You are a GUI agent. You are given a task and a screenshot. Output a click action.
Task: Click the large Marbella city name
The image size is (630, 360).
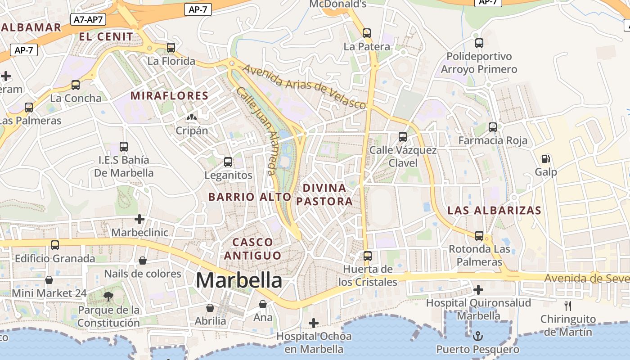pyautogui.click(x=239, y=280)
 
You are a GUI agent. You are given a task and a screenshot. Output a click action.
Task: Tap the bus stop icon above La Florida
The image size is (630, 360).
pyautogui.click(x=171, y=47)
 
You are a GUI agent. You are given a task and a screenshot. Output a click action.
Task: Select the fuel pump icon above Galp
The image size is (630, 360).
pyautogui.click(x=546, y=158)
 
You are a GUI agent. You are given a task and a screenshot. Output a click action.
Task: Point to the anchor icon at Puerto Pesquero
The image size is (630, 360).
pyautogui.click(x=478, y=336)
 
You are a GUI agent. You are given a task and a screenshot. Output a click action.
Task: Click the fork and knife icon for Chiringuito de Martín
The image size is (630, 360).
pyautogui.click(x=568, y=306)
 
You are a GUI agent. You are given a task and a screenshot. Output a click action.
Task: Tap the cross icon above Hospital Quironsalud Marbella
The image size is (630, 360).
pyautogui.click(x=478, y=289)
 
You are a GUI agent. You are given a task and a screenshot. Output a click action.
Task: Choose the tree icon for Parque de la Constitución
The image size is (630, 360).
pyautogui.click(x=108, y=296)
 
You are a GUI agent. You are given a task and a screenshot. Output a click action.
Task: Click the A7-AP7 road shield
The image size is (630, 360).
pyautogui.click(x=88, y=19)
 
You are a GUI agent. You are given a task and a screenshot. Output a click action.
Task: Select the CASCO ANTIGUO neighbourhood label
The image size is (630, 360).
pyautogui.click(x=252, y=249)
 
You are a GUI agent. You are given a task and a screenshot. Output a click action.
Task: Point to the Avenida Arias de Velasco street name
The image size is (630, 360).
pyautogui.click(x=304, y=86)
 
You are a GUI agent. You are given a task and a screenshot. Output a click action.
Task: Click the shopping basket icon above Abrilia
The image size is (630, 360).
pyautogui.click(x=210, y=308)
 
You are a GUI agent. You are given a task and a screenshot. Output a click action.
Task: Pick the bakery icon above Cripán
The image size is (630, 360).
pyautogui.click(x=192, y=117)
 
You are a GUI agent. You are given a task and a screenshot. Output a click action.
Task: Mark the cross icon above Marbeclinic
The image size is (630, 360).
pyautogui.click(x=139, y=219)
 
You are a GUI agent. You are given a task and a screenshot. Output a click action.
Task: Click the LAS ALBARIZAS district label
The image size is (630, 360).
pyautogui.click(x=494, y=210)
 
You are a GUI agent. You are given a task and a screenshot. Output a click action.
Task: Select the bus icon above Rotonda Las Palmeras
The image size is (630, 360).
pyautogui.click(x=479, y=235)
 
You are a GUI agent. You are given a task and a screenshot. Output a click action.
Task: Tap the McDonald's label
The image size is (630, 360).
pyautogui.click(x=338, y=4)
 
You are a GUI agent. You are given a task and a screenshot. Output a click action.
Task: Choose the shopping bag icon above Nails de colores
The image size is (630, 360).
pyautogui.click(x=143, y=261)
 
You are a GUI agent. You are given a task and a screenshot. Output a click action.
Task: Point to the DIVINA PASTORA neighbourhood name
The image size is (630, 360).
pyautogui.click(x=324, y=194)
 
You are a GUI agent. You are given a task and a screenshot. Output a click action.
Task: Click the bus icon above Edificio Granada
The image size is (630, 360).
pyautogui.click(x=55, y=245)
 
